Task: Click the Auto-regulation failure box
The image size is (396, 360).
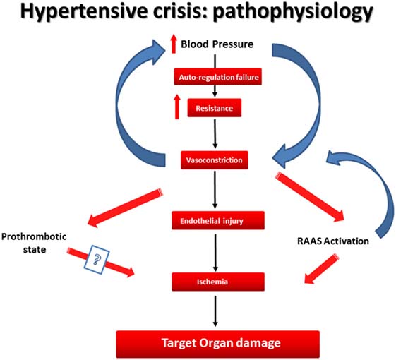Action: (x=217, y=76)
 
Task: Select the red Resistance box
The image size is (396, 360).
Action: (x=214, y=108)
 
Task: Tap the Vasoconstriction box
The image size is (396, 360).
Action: (x=215, y=160)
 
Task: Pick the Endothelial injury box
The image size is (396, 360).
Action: (x=218, y=220)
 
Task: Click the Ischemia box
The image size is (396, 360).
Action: (x=218, y=282)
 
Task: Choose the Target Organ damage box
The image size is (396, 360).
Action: (x=217, y=343)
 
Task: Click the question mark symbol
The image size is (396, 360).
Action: (x=97, y=260)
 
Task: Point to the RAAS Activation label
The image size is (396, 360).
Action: (x=333, y=241)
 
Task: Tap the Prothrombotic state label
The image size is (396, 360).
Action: (x=34, y=243)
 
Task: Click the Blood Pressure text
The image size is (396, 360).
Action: (x=217, y=44)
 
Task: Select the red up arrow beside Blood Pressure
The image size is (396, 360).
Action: (x=174, y=44)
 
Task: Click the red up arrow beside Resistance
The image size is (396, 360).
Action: (x=177, y=107)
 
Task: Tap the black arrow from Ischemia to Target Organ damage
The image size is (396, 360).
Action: (x=215, y=311)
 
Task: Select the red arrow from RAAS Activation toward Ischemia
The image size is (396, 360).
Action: (x=321, y=270)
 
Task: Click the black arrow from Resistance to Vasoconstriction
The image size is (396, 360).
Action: (x=215, y=134)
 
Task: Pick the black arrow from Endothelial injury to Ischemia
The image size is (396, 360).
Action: (x=215, y=253)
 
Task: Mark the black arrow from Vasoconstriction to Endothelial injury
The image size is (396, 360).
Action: (x=215, y=190)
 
